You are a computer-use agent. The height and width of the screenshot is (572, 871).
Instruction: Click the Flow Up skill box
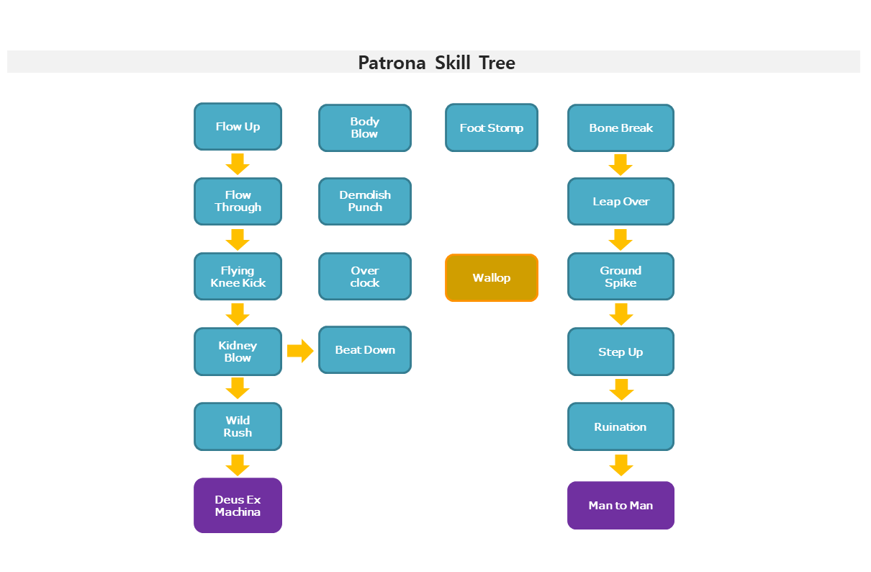[238, 127]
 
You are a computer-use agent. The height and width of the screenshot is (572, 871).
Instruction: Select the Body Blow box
[365, 128]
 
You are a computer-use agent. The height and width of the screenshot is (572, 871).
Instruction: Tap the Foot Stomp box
[492, 128]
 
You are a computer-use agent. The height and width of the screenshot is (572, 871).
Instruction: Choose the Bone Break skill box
[620, 128]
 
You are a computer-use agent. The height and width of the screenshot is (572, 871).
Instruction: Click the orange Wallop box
[492, 278]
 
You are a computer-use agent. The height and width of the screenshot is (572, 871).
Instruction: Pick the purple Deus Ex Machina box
[238, 506]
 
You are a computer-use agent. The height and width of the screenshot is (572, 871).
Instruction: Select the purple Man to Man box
[620, 506]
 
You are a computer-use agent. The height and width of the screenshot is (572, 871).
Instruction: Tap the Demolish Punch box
[365, 202]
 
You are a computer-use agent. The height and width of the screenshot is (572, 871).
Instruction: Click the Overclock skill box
[365, 276]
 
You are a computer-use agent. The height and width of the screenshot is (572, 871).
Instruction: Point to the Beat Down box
[365, 350]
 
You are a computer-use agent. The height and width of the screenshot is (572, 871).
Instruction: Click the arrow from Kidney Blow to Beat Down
[300, 351]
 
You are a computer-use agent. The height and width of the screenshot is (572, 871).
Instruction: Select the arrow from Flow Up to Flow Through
[238, 164]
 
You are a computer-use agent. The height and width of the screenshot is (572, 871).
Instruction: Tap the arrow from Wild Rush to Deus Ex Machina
[238, 465]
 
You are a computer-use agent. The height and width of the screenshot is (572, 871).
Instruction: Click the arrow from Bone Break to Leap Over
[620, 165]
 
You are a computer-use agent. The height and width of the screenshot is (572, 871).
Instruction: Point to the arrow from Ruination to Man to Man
[621, 465]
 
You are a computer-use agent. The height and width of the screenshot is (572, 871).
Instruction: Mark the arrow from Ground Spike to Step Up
[621, 314]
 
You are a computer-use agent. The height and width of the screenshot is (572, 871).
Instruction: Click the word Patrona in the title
[392, 63]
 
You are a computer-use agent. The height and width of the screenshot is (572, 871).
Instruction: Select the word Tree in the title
[497, 63]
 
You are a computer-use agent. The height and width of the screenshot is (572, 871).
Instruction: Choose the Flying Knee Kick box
[238, 276]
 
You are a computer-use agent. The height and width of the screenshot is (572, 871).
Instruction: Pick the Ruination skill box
[620, 427]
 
